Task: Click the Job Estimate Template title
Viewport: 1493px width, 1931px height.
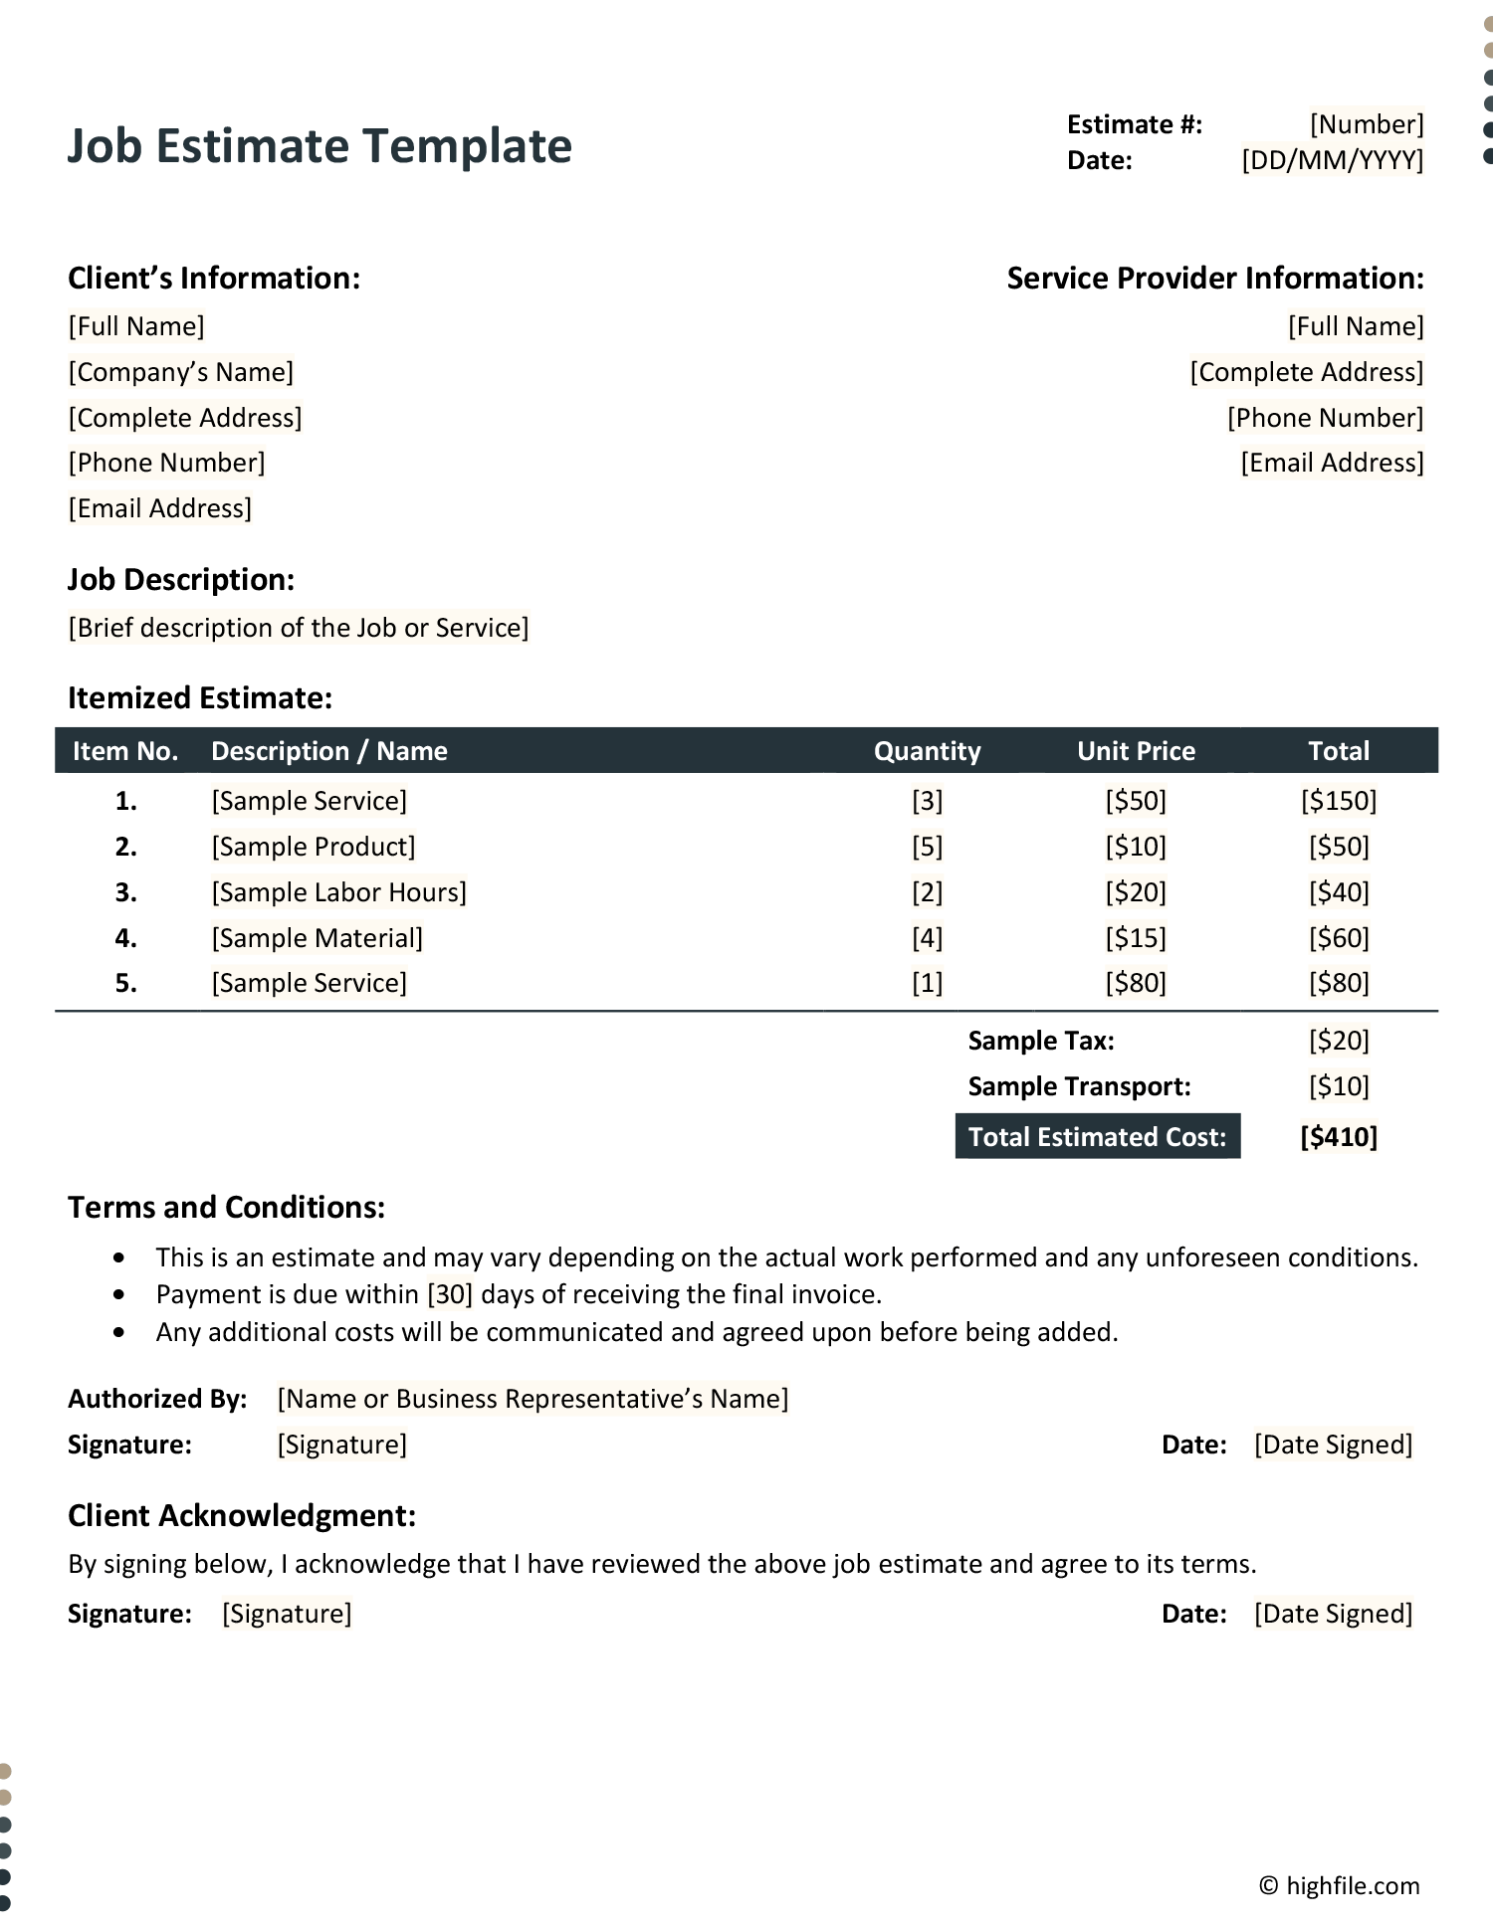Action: pos(320,146)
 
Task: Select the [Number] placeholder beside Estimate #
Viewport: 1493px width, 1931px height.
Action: pos(1367,124)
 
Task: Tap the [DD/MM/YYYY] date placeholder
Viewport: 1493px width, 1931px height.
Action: pos(1332,160)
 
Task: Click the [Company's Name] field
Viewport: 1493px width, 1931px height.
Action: pos(181,372)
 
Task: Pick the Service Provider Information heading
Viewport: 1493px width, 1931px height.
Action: pos(1214,279)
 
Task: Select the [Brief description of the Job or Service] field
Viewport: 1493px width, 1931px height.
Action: pos(299,628)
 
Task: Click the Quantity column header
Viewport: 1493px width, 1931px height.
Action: pos(927,751)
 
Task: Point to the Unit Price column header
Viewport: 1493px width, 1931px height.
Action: pos(1136,751)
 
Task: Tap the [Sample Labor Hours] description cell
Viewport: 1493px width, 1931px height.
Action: pos(338,892)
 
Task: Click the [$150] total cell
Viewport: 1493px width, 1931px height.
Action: pos(1339,801)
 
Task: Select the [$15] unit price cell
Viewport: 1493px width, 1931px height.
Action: pos(1136,938)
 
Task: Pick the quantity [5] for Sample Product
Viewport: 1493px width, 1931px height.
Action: pos(927,847)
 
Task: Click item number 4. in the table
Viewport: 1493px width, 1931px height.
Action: pos(125,938)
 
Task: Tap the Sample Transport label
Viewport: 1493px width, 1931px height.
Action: pos(1079,1086)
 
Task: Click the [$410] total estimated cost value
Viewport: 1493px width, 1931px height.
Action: pos(1339,1137)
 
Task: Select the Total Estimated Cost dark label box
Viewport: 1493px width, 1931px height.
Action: pos(1097,1137)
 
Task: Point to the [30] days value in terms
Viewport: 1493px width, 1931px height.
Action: pos(450,1294)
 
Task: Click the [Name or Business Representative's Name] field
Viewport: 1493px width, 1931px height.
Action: pos(533,1399)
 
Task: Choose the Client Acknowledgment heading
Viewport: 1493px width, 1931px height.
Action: pos(242,1515)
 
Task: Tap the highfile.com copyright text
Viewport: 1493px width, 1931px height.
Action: pos(1340,1886)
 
